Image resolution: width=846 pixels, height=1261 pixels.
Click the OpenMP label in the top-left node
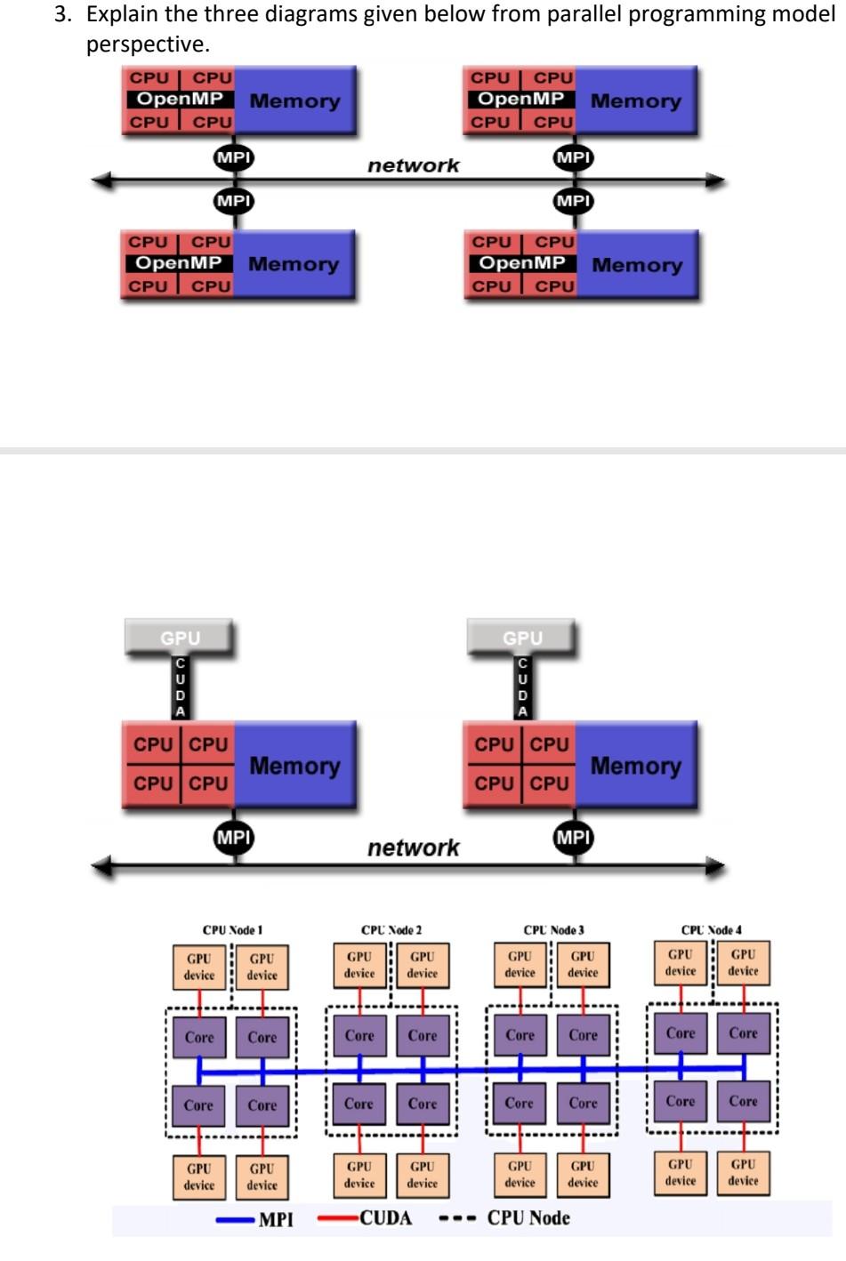[179, 99]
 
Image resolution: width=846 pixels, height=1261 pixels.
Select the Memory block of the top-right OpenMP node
[635, 100]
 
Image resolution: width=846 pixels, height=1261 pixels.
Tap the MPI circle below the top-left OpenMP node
[234, 157]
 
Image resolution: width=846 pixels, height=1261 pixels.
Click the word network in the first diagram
[413, 165]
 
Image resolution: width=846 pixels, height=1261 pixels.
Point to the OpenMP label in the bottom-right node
[521, 263]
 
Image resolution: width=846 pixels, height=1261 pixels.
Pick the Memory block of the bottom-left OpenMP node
[294, 264]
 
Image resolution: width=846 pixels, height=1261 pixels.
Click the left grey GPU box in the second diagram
[180, 638]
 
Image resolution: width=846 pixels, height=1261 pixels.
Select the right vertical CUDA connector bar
[522, 687]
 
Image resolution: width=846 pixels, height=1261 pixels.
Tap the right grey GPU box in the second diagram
[522, 638]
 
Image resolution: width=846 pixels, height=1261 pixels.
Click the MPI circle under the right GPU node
[573, 837]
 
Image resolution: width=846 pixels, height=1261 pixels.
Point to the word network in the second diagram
[413, 847]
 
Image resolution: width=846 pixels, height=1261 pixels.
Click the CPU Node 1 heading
[232, 929]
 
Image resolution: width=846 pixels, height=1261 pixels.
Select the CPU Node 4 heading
[711, 929]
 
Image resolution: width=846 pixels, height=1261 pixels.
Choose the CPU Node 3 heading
[553, 929]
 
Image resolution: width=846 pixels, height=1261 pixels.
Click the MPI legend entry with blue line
[255, 1219]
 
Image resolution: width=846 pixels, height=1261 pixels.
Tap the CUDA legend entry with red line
[366, 1218]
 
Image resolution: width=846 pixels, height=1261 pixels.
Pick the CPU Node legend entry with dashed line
[504, 1218]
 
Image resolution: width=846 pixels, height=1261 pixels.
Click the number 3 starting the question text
[60, 15]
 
